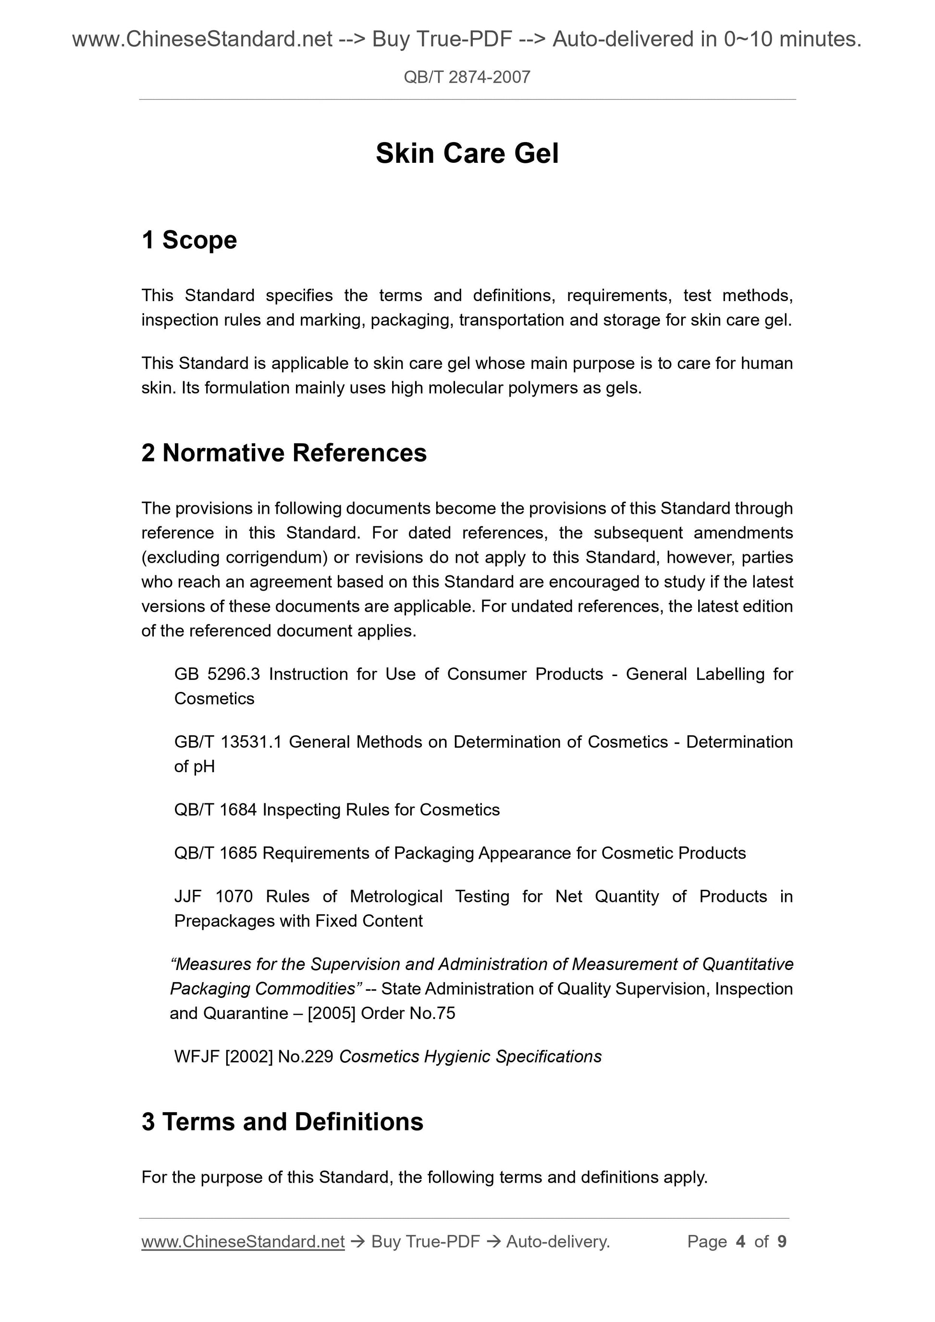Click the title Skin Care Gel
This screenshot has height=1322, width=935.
(467, 154)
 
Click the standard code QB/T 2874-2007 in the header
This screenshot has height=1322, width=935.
(467, 77)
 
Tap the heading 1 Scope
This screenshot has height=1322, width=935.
(189, 240)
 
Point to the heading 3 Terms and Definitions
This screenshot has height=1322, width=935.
(283, 1122)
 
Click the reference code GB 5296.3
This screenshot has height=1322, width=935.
(217, 674)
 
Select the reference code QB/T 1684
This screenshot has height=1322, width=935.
(215, 810)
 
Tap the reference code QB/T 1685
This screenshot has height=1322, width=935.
(215, 853)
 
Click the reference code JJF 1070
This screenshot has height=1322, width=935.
(213, 897)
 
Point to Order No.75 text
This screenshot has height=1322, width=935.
(408, 1013)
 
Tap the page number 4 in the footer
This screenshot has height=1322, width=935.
(740, 1241)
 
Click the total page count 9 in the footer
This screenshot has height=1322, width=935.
(782, 1241)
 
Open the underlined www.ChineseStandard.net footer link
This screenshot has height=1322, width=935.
(243, 1242)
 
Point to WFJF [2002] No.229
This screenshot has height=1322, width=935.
(254, 1056)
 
